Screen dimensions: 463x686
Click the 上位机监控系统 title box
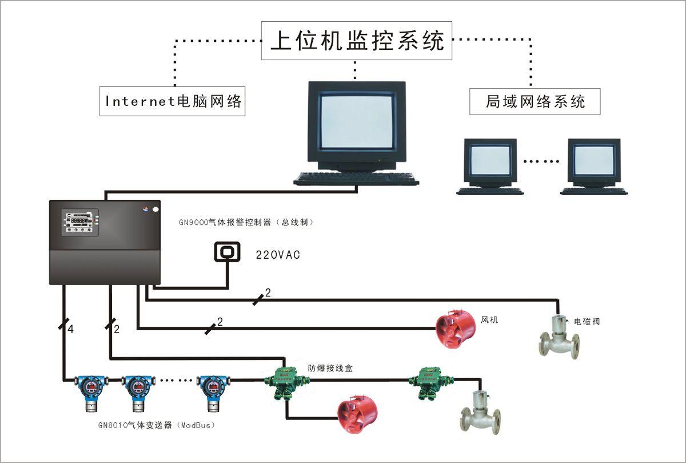pos(357,41)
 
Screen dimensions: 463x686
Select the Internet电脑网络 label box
pos(172,101)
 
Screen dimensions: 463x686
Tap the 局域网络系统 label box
pos(535,102)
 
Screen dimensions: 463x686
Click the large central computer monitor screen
pos(357,121)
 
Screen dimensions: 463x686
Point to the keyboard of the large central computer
pos(356,179)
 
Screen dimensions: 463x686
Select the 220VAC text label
pos(278,255)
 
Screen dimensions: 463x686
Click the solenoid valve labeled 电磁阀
pos(559,338)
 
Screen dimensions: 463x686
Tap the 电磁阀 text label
pos(587,322)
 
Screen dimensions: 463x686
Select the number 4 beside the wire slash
pos(71,330)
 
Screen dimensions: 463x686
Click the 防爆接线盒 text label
pos(330,369)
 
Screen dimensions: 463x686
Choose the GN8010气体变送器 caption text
pos(157,425)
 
